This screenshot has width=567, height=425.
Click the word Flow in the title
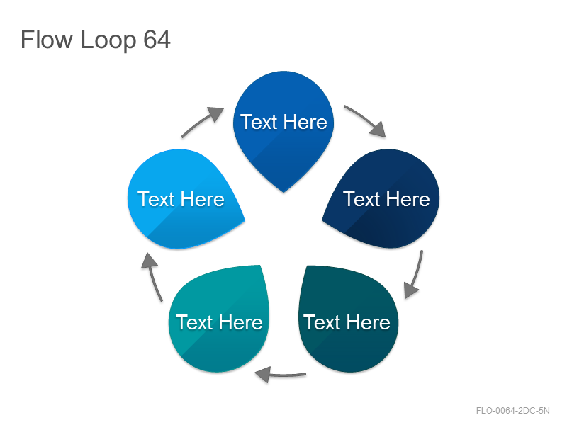pos(46,40)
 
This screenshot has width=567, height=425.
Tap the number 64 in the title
pos(157,40)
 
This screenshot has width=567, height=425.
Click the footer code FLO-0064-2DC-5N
pos(512,411)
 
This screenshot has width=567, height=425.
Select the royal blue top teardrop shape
pos(283,127)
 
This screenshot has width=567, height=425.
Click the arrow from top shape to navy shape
pos(365,118)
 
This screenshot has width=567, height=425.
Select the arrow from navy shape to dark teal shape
pos(416,275)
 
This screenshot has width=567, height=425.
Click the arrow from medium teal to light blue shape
pos(152,276)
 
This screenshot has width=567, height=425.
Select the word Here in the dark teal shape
pos(369,322)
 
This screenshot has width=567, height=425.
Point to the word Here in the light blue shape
pos(203,199)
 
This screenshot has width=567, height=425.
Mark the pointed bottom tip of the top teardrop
pos(283,192)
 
